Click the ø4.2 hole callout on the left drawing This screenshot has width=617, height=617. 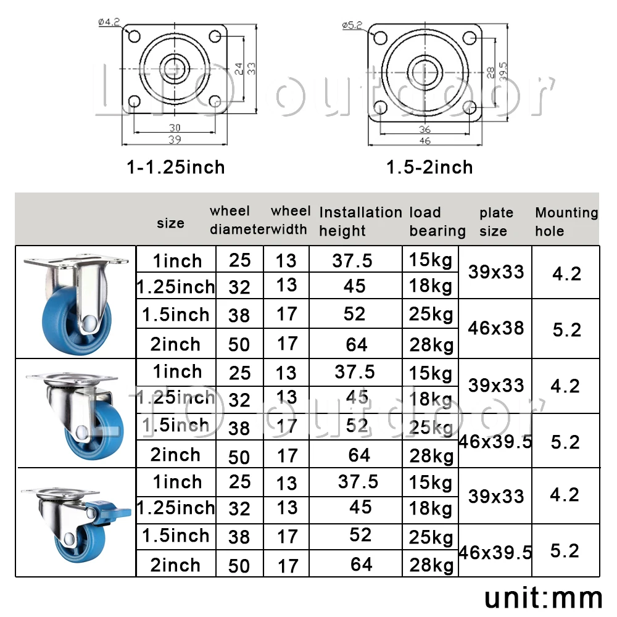pyautogui.click(x=109, y=22)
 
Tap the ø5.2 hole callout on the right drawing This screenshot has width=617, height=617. pyautogui.click(x=352, y=25)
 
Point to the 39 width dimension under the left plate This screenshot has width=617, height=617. pyautogui.click(x=175, y=139)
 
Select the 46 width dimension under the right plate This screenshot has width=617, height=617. pyautogui.click(x=425, y=141)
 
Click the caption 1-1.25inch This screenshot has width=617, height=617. pyautogui.click(x=176, y=167)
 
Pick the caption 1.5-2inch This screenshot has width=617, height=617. pyautogui.click(x=429, y=167)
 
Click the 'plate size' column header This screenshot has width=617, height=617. pyautogui.click(x=496, y=222)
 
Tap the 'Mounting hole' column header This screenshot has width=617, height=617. pyautogui.click(x=566, y=222)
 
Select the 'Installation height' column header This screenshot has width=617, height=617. pyautogui.click(x=360, y=222)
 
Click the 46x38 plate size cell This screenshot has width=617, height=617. pyautogui.click(x=496, y=328)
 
